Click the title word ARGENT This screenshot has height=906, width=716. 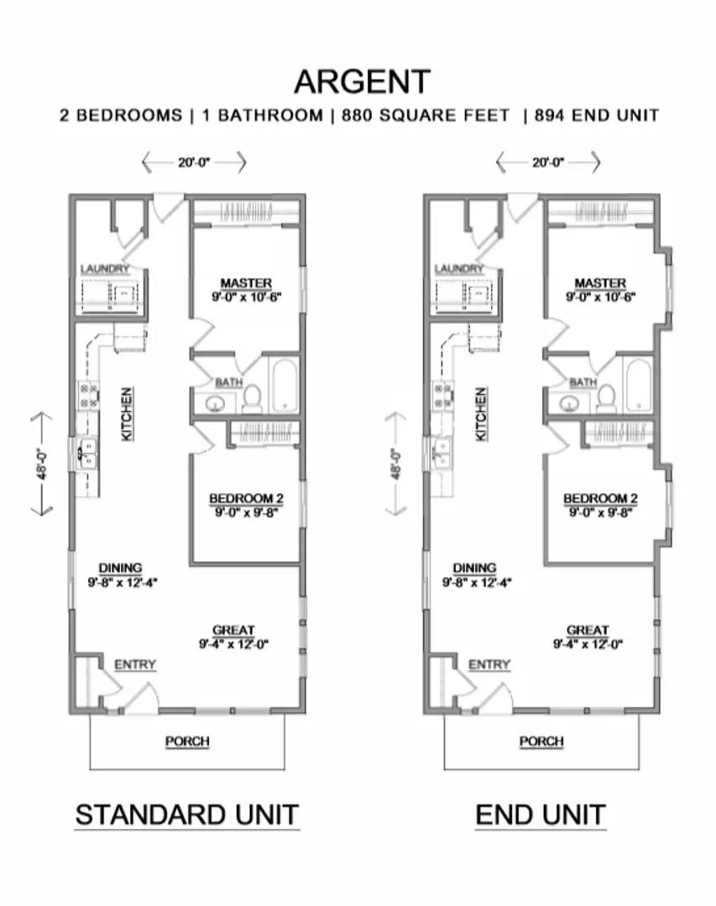pyautogui.click(x=362, y=81)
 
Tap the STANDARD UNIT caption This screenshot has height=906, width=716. pyautogui.click(x=186, y=814)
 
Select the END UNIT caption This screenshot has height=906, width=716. pyautogui.click(x=541, y=814)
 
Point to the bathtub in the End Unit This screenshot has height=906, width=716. pyautogui.click(x=638, y=385)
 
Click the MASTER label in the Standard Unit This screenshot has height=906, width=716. pyautogui.click(x=246, y=283)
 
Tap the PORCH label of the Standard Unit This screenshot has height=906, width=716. pyautogui.click(x=186, y=742)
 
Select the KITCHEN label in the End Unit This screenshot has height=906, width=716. pyautogui.click(x=482, y=414)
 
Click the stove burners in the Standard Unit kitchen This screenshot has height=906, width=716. pyautogui.click(x=88, y=395)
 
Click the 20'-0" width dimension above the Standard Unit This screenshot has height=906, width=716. pyautogui.click(x=194, y=162)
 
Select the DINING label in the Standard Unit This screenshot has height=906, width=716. pyautogui.click(x=120, y=568)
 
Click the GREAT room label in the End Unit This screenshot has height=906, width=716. pyautogui.click(x=588, y=630)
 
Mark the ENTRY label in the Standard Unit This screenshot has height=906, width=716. pyautogui.click(x=135, y=664)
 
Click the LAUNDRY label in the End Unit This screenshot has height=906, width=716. pyautogui.click(x=459, y=268)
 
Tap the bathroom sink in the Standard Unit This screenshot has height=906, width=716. pyautogui.click(x=215, y=404)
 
